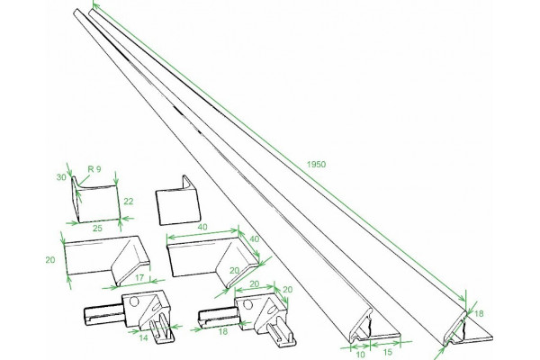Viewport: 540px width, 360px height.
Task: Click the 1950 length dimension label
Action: tap(316, 165)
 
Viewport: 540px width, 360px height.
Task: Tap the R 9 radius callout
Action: tap(94, 169)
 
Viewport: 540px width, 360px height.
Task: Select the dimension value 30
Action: tap(61, 177)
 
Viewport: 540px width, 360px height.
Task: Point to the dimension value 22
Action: tap(128, 202)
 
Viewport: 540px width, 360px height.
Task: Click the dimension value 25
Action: tap(97, 228)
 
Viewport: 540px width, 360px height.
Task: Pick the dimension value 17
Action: tap(139, 277)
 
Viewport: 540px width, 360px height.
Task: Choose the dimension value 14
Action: tap(143, 338)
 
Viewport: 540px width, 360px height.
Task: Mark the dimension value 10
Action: tap(360, 354)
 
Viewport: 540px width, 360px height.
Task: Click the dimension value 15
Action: tap(387, 352)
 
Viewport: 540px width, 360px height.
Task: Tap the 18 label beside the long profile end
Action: tap(479, 313)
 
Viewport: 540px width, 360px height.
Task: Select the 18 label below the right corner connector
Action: tap(223, 331)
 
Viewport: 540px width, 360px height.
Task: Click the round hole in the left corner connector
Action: tap(134, 301)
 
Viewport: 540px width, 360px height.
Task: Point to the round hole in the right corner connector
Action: tap(247, 304)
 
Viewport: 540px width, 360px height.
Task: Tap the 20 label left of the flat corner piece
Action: tap(50, 260)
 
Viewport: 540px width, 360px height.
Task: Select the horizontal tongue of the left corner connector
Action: tap(103, 316)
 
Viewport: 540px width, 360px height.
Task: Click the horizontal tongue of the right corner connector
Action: tap(218, 318)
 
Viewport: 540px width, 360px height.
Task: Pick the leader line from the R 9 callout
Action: tap(84, 181)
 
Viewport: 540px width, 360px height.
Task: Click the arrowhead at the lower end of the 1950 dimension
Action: tap(463, 300)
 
